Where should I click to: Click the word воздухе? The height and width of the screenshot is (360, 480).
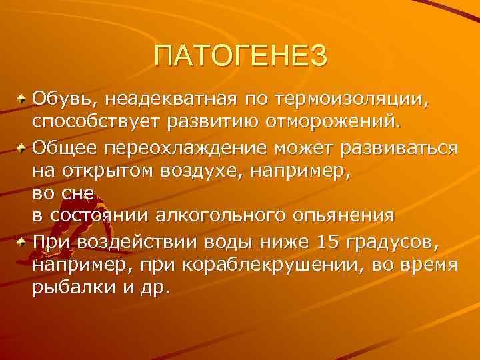[x=207, y=170]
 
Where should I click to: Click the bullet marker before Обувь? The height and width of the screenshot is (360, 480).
[x=23, y=100]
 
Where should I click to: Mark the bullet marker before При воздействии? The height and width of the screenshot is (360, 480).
[x=23, y=240]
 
